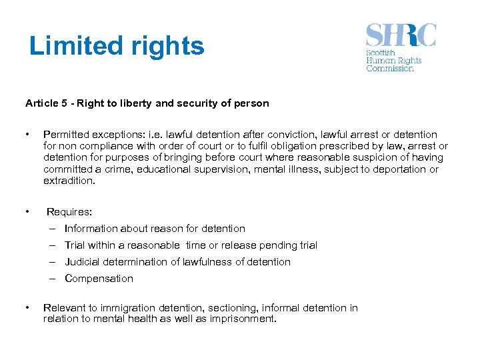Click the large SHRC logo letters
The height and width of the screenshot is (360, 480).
coord(401,35)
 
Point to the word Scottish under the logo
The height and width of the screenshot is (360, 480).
coord(381,53)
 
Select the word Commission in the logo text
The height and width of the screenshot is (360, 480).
coord(390,68)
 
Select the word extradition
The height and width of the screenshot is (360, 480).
coord(69,181)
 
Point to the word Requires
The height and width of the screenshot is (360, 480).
coord(69,212)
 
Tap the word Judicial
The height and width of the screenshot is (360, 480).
coord(83,262)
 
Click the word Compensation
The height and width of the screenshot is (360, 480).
coord(99,279)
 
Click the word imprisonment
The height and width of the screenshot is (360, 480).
coord(243,319)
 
